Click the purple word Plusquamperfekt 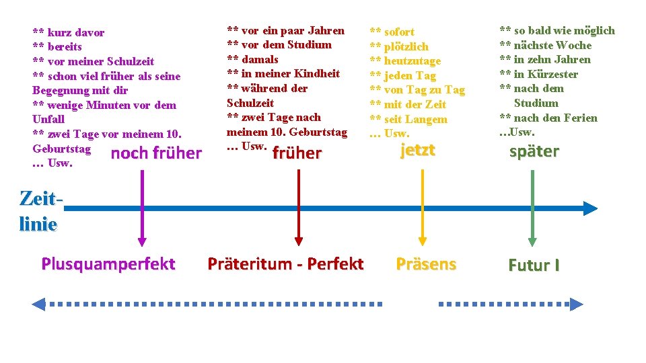(x=108, y=264)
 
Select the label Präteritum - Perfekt (x=285, y=264)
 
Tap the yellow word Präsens (x=426, y=264)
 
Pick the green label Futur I (x=534, y=265)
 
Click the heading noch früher (x=156, y=153)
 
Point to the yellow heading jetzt (x=417, y=150)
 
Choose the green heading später (x=534, y=151)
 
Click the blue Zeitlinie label (x=38, y=211)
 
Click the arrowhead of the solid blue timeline (x=590, y=208)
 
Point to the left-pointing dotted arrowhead (x=38, y=304)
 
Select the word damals (x=259, y=59)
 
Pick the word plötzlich (x=406, y=46)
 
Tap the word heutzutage (x=412, y=61)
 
